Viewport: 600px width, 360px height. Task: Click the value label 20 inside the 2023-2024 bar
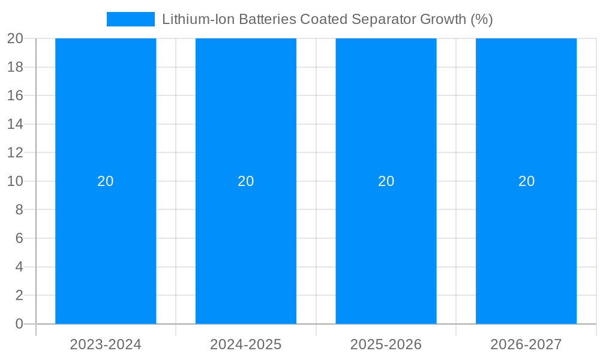(x=106, y=181)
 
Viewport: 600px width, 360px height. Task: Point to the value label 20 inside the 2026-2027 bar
(x=526, y=181)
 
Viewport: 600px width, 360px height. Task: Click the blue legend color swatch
(x=131, y=19)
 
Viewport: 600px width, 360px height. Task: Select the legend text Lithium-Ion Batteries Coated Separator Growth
(x=327, y=19)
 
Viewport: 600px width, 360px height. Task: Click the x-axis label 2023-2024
(x=106, y=344)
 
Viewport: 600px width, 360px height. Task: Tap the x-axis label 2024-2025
(x=246, y=344)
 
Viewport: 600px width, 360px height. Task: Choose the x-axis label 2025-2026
(x=386, y=344)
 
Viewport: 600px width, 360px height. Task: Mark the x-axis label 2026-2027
(x=526, y=344)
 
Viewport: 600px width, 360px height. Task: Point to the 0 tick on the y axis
(x=19, y=324)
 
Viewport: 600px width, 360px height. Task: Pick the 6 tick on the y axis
(x=19, y=238)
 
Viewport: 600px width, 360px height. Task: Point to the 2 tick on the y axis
(x=19, y=295)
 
